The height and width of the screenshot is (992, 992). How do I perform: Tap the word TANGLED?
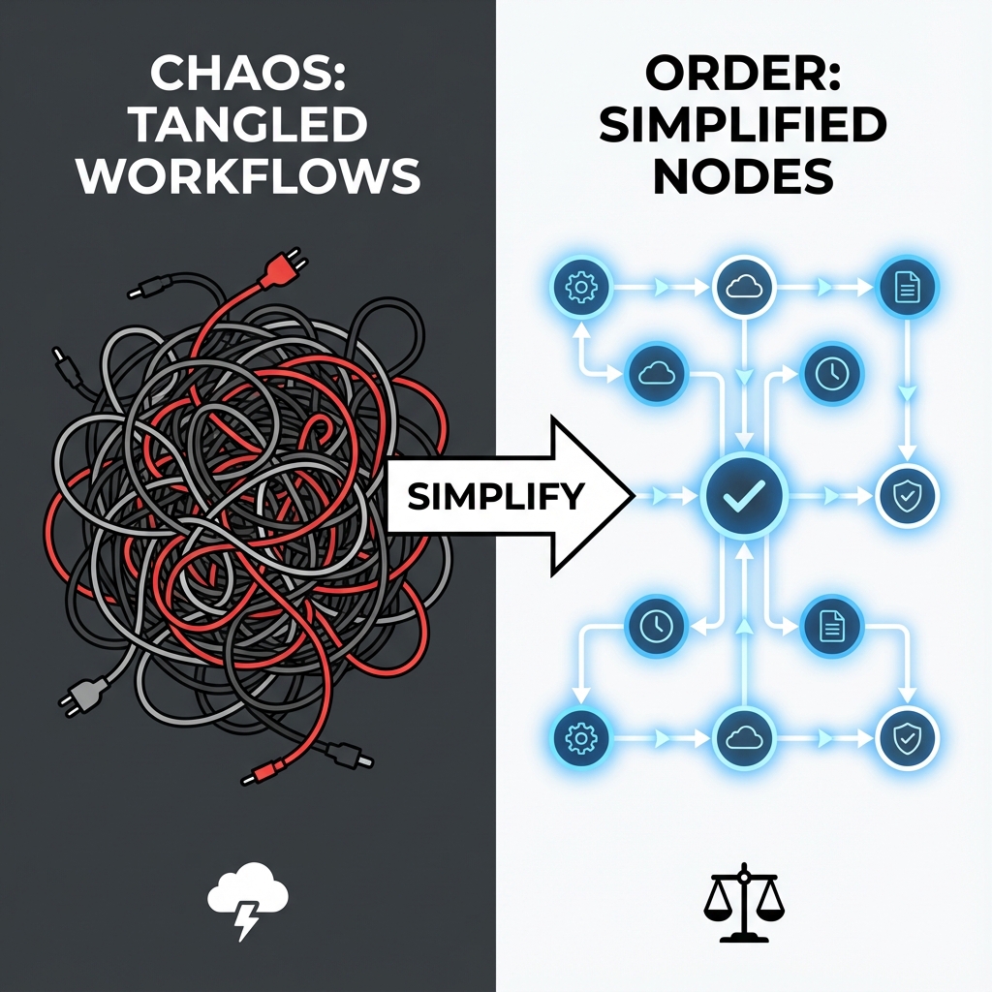click(246, 127)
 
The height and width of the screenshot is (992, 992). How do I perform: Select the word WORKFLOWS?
click(248, 177)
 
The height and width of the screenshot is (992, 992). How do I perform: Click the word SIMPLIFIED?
click(743, 127)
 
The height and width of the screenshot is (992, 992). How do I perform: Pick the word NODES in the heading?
click(743, 177)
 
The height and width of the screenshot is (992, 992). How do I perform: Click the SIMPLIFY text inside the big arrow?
click(495, 496)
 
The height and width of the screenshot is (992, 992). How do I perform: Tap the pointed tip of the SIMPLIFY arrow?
click(631, 496)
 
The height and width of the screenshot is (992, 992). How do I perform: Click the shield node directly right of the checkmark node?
click(908, 496)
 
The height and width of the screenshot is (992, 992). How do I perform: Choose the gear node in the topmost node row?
click(580, 287)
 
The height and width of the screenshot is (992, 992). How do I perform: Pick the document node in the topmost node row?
click(908, 287)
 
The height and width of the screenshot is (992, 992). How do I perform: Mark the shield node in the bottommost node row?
click(908, 739)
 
